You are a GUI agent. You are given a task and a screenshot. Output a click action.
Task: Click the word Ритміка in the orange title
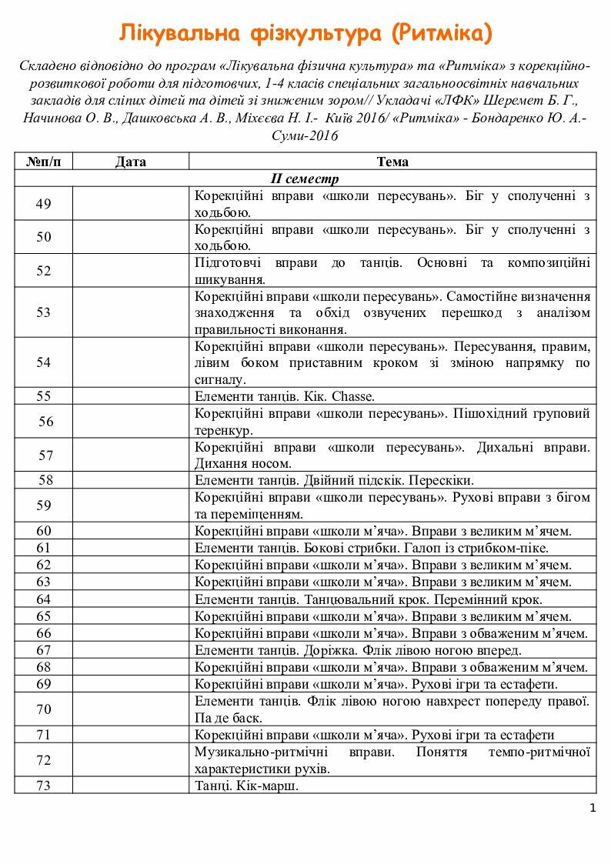438,33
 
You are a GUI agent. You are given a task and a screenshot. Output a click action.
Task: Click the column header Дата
130,162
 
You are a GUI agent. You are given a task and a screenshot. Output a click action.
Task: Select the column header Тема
392,162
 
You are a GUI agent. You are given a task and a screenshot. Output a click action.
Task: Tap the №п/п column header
44,162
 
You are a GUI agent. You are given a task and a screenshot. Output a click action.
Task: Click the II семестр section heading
305,178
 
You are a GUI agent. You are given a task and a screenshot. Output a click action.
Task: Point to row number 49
44,204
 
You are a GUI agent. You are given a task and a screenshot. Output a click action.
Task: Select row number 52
44,271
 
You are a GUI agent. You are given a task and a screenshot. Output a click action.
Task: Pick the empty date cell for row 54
130,362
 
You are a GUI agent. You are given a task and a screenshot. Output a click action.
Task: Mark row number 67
44,650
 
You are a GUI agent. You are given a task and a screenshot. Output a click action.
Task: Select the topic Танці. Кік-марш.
246,786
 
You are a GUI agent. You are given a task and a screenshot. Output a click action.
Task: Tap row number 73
44,786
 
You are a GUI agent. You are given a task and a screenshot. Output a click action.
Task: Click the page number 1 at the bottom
592,808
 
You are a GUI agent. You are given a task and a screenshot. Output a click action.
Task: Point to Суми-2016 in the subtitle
305,135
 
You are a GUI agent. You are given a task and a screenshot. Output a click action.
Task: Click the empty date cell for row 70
130,709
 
